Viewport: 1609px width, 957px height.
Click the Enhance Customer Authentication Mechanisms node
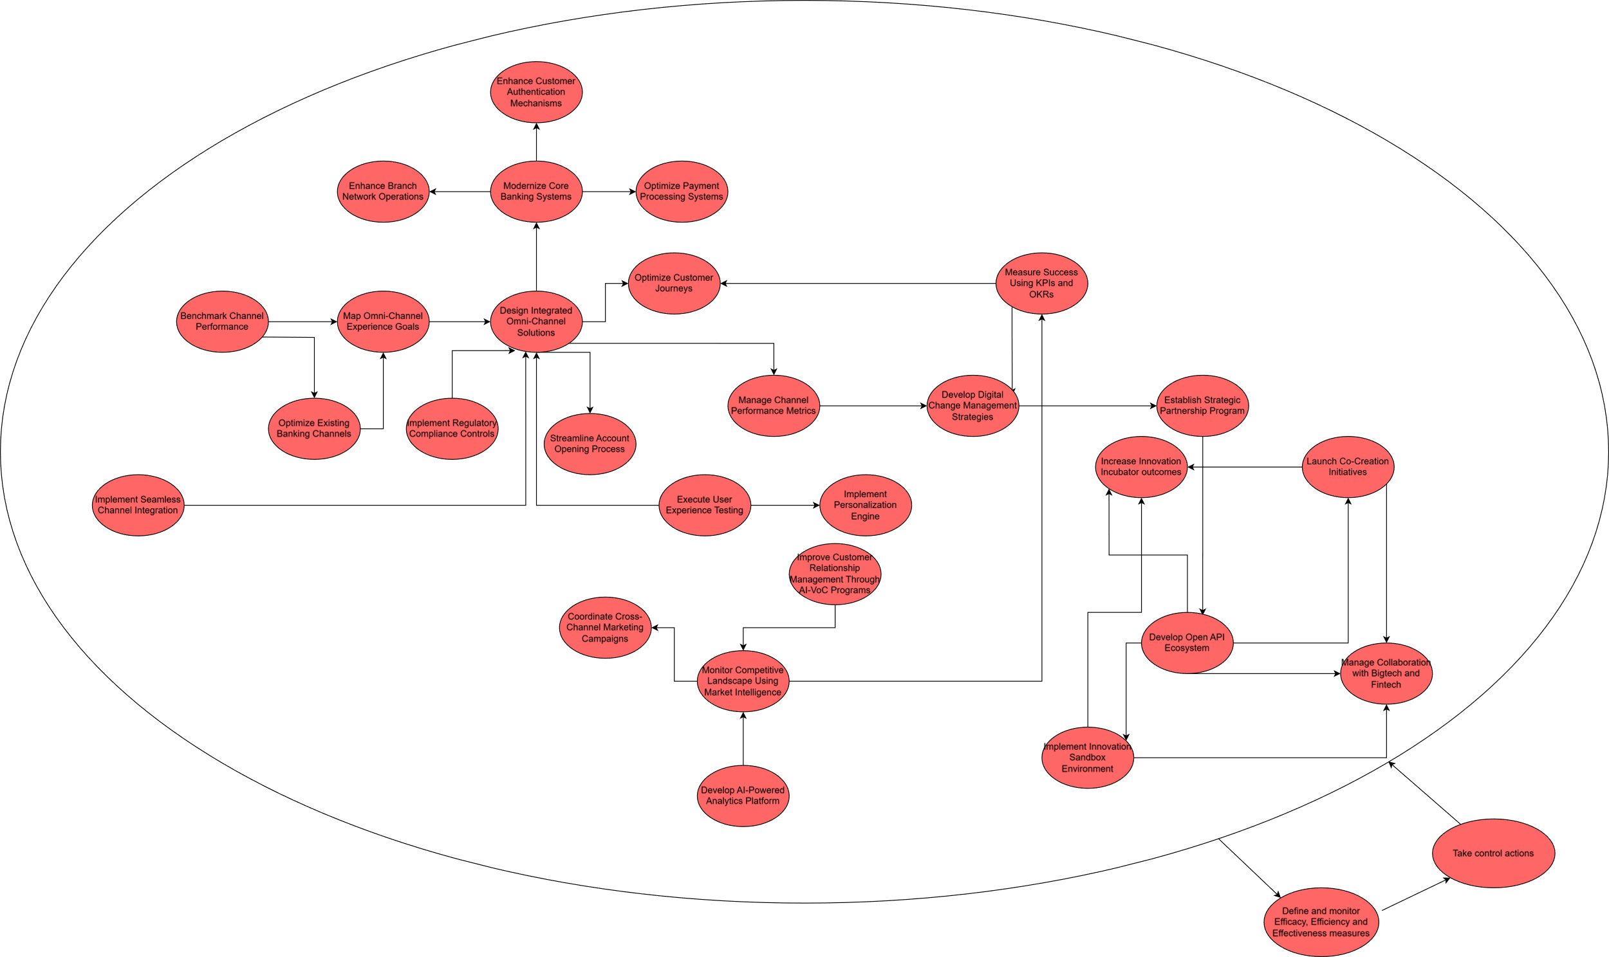[x=536, y=92]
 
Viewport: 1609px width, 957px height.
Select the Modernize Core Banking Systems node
[x=536, y=192]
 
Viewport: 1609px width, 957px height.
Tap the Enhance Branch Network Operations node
[x=383, y=192]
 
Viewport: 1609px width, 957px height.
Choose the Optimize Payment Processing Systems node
[x=682, y=192]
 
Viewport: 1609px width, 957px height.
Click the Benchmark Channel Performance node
[x=222, y=322]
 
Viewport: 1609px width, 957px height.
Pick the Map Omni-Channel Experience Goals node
[x=383, y=322]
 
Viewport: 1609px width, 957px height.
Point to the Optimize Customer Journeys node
[x=674, y=284]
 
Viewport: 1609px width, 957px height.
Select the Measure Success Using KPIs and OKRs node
[x=1041, y=284]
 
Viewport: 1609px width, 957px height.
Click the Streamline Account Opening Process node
[x=590, y=444]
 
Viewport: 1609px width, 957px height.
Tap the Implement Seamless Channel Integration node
[x=138, y=506]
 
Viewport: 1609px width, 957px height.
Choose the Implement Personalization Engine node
[x=865, y=506]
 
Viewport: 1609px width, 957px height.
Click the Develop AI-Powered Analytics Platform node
[x=743, y=796]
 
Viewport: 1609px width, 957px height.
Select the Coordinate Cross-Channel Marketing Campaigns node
[x=605, y=628]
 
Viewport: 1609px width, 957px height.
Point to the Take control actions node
[x=1493, y=854]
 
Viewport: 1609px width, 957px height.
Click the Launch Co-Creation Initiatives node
[x=1348, y=467]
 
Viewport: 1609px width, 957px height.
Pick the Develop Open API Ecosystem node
[x=1187, y=643]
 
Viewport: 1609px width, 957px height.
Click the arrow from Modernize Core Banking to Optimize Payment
[x=609, y=192]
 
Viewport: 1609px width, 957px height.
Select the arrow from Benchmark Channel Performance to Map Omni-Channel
[x=302, y=322]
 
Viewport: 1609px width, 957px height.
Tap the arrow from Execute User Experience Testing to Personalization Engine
[x=785, y=506]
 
